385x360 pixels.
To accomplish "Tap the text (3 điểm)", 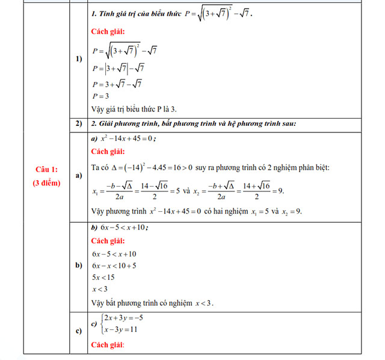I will click(46, 183).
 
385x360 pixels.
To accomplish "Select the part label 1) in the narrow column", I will click(79, 59).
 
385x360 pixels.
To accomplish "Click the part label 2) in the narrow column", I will click(79, 124).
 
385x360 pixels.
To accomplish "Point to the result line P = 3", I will click(100, 96).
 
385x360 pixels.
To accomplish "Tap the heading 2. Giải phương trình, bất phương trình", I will click(192, 124).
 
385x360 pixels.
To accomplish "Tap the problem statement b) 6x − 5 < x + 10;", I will click(120, 228).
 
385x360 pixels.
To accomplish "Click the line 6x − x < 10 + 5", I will click(114, 265).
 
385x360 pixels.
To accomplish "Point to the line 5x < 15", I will click(103, 278).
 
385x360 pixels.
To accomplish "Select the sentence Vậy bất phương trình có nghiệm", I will click(153, 302).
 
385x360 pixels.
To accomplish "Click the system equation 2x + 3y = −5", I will click(123, 318).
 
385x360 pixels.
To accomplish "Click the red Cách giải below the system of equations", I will click(108, 345).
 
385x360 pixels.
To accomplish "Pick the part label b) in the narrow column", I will click(79, 265).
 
